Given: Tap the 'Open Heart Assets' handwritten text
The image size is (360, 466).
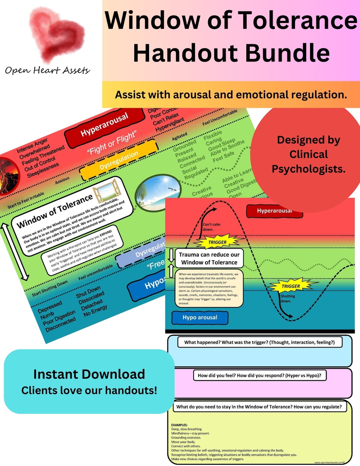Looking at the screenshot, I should (x=47, y=70).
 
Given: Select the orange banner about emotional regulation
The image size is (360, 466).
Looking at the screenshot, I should (x=231, y=94).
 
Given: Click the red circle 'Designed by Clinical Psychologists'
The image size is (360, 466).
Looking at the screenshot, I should (x=308, y=154).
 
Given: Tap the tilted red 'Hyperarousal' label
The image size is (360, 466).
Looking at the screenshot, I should (x=104, y=125).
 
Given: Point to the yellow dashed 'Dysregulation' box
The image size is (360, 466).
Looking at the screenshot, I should (x=118, y=161).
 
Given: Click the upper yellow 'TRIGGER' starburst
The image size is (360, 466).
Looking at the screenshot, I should (x=218, y=242).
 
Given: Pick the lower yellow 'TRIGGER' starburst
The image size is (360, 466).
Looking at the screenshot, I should (x=291, y=286).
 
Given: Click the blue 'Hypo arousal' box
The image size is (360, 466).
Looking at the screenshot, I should (x=200, y=318).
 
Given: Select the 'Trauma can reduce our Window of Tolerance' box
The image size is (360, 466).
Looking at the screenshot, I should (x=209, y=258).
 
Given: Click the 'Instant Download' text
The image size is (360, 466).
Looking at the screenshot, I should (x=89, y=374).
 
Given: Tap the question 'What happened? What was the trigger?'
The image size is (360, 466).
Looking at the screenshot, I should (x=259, y=342).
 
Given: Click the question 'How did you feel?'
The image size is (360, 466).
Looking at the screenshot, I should (x=259, y=375).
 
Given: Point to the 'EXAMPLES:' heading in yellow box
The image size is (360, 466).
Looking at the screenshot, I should (x=179, y=425).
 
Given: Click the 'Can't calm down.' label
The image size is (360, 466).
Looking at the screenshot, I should (x=211, y=227).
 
